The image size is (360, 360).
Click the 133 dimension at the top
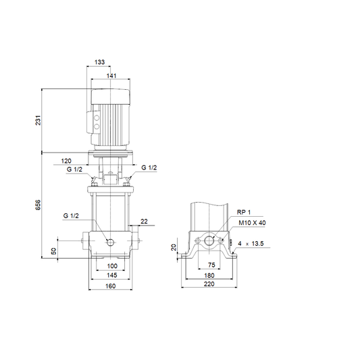coord(99,62)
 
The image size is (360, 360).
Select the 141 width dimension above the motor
coord(111,76)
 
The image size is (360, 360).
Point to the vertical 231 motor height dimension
coord(38,120)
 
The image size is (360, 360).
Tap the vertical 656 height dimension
coord(38,205)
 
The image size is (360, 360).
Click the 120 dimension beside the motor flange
coord(66,161)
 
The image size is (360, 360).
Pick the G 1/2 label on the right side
coord(149,168)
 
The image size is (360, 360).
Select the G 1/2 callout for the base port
coord(71,216)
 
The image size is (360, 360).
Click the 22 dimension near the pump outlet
coord(144,222)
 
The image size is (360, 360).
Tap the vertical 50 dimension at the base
coord(53,251)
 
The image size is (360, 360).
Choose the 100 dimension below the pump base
coord(112,266)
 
